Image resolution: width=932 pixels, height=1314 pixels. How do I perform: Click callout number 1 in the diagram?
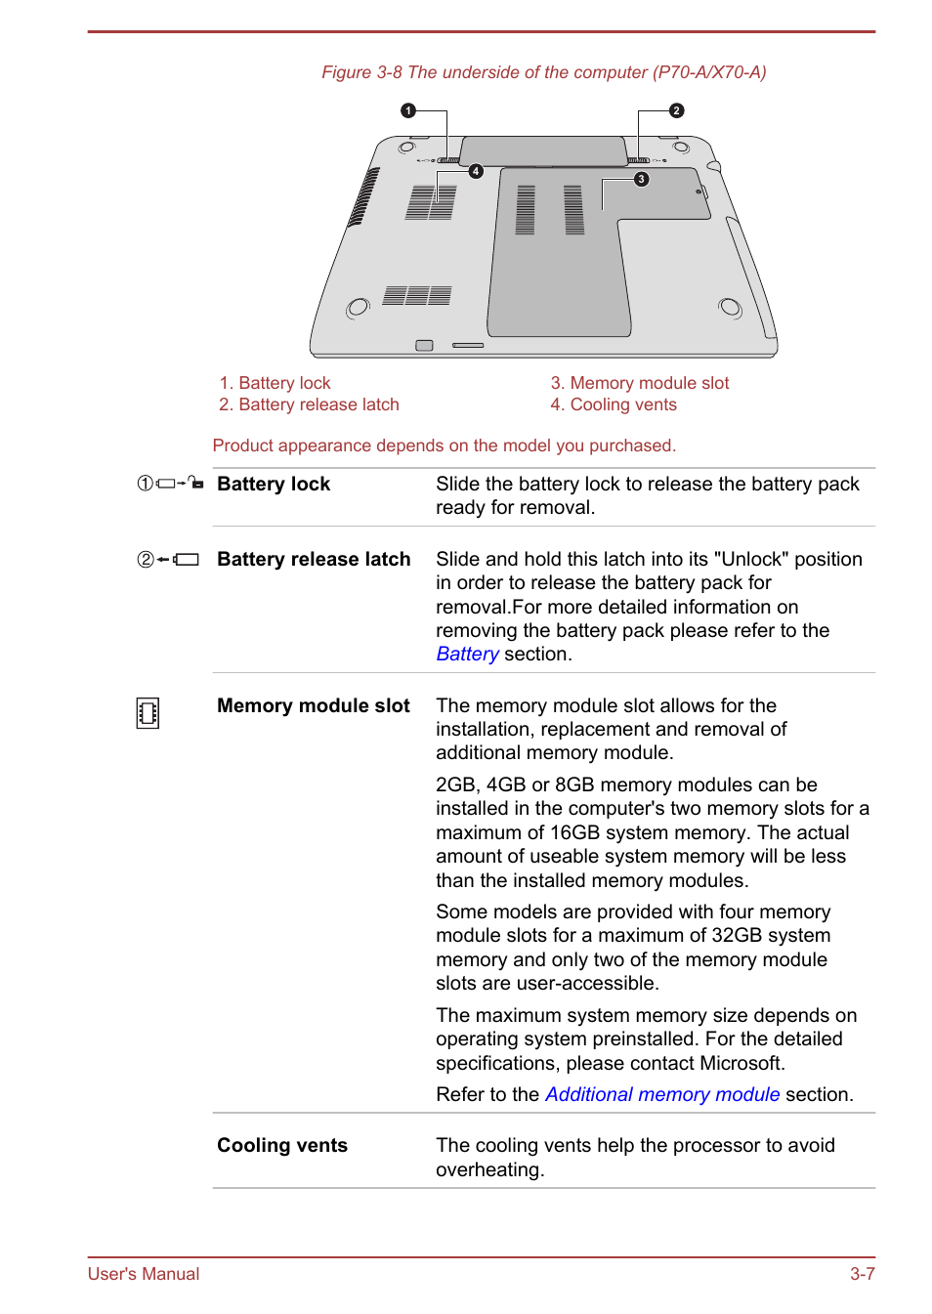[x=408, y=110]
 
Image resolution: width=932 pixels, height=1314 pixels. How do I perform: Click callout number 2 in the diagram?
[x=676, y=110]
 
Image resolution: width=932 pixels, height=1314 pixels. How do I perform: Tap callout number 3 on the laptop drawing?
[x=641, y=179]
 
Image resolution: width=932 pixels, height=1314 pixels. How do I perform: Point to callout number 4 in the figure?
[x=476, y=171]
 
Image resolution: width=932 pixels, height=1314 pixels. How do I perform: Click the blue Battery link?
[x=467, y=655]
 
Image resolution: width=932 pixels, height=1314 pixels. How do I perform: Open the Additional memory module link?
[x=661, y=1094]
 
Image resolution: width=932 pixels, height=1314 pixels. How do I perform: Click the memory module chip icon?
[x=148, y=713]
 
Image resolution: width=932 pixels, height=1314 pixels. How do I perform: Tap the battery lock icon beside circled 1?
[x=180, y=484]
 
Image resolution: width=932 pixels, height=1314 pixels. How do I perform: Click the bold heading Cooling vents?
[x=281, y=1145]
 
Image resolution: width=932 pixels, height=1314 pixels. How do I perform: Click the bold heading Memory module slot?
[x=313, y=705]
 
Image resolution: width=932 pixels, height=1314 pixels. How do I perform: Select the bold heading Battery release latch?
[x=313, y=559]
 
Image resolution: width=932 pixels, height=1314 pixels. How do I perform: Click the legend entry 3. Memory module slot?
[x=639, y=383]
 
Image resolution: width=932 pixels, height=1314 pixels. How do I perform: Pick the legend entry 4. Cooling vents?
[x=613, y=404]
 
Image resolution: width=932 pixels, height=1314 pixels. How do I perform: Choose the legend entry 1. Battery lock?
[x=275, y=383]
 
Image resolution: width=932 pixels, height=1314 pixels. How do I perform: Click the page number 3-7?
[x=862, y=1274]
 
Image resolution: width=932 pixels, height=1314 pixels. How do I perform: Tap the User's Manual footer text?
[x=144, y=1274]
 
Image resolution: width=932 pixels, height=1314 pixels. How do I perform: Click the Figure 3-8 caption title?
[x=543, y=72]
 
